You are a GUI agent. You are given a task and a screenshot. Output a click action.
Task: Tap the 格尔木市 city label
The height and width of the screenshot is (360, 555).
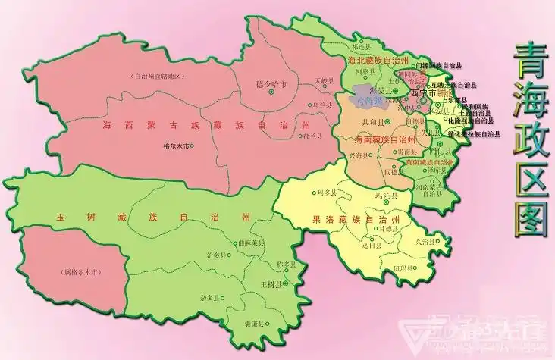(176, 146)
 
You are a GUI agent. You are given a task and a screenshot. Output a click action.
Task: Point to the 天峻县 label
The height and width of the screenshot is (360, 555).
(324, 80)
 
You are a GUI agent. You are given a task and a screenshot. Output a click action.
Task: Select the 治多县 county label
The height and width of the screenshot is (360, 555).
(217, 256)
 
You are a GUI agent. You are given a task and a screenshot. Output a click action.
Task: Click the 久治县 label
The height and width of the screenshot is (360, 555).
(425, 242)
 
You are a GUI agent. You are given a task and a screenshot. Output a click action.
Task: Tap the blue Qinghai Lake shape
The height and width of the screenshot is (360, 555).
(366, 98)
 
